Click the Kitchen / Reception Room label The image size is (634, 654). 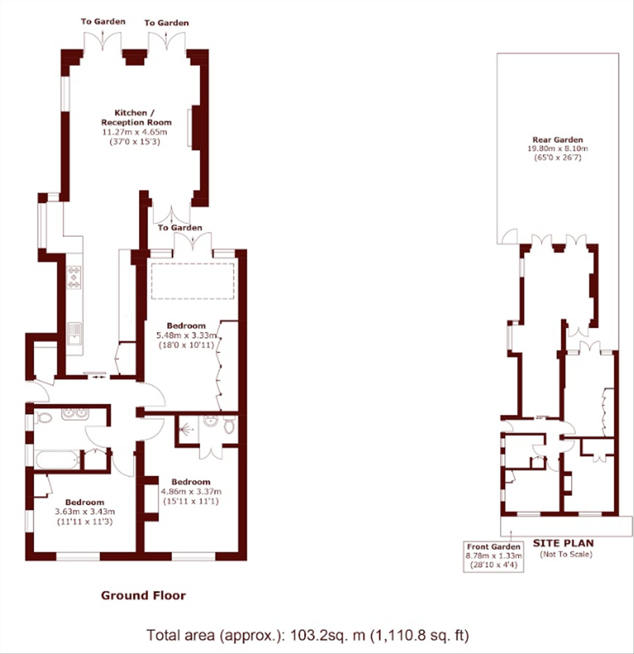[x=136, y=117]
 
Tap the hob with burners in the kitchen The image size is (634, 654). [x=74, y=277]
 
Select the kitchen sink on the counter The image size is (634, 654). [x=74, y=333]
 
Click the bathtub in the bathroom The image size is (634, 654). [x=58, y=460]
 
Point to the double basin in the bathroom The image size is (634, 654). [x=75, y=413]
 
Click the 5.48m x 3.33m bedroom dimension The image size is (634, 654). [x=186, y=335]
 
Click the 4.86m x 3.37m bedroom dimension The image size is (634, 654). [x=191, y=491]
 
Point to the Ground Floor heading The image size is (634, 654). [x=143, y=595]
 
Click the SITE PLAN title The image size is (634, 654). [x=563, y=543]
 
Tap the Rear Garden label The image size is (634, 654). [x=557, y=140]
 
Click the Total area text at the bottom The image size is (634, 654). [x=308, y=635]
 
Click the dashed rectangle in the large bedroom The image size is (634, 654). [x=192, y=281]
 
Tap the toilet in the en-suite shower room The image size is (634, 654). [x=229, y=425]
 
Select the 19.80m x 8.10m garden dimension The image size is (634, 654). [x=558, y=148]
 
